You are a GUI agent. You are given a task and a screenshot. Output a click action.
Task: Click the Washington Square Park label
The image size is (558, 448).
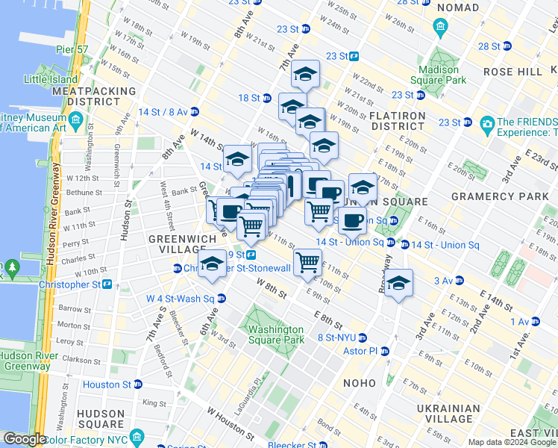click(x=276, y=335)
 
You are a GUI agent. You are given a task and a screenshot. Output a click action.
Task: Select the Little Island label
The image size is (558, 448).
click(x=51, y=79)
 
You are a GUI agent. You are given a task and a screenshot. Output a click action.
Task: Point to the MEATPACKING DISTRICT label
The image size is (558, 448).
click(x=94, y=96)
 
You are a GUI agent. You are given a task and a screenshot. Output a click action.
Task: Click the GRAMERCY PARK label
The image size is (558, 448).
click(x=495, y=196)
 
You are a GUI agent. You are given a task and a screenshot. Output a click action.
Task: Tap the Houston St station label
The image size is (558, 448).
click(x=106, y=385)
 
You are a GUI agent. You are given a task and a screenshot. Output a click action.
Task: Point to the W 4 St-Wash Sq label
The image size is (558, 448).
click(x=180, y=299)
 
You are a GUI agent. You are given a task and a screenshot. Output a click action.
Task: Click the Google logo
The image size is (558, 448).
click(x=25, y=439)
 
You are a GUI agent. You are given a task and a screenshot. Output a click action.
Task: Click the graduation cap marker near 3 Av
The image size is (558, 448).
click(x=398, y=283)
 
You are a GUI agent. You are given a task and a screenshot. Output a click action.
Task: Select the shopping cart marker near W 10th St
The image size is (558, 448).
click(x=307, y=262)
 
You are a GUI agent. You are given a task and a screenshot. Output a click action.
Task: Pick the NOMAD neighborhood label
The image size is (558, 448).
click(x=457, y=7)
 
